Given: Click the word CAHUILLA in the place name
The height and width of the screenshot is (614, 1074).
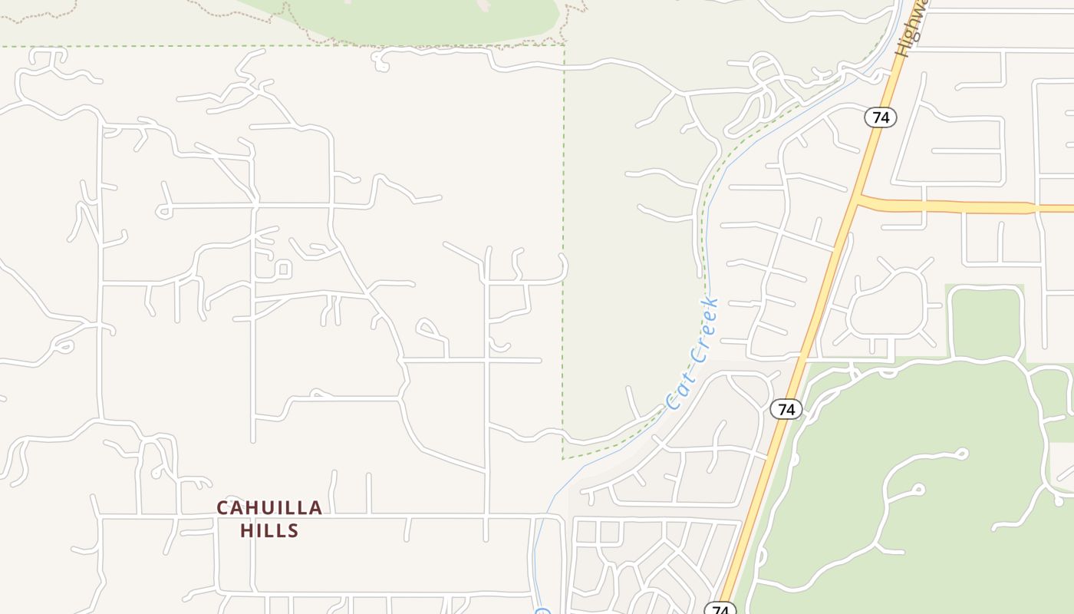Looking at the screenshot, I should [x=269, y=508].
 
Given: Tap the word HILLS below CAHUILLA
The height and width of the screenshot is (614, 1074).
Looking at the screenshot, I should [x=269, y=530].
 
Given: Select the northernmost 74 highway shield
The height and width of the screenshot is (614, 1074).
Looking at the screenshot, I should [x=881, y=117].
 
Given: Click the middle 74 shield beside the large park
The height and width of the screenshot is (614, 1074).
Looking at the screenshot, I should [x=786, y=409].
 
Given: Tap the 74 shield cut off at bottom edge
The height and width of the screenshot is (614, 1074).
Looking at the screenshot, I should [x=720, y=609].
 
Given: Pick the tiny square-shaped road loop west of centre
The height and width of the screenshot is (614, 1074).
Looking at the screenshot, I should [x=283, y=269].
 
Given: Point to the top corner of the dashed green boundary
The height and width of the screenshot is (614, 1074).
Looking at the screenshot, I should [x=565, y=46].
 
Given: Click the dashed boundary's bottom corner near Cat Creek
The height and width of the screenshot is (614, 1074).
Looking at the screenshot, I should [x=563, y=458].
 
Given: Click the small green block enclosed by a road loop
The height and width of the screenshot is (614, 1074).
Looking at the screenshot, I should [x=987, y=323].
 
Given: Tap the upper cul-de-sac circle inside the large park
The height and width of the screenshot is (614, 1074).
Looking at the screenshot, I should [x=962, y=454].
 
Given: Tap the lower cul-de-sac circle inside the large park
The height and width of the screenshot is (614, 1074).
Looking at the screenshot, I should [x=918, y=489].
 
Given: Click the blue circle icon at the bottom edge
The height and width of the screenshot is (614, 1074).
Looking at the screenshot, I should [x=542, y=612].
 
